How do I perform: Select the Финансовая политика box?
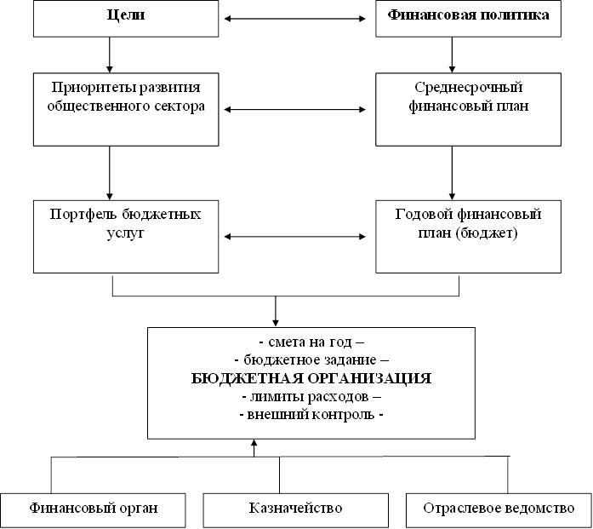468,17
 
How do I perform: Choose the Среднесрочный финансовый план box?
468,108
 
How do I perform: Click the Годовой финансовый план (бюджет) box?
468,236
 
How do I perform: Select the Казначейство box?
296,509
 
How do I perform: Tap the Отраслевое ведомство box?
499,509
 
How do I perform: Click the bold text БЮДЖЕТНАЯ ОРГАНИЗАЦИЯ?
311,378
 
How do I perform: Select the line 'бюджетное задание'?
311,360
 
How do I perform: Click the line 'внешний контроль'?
311,416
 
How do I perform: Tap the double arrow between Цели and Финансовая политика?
298,16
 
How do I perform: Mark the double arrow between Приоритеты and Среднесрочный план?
298,109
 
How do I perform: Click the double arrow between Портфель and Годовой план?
298,237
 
